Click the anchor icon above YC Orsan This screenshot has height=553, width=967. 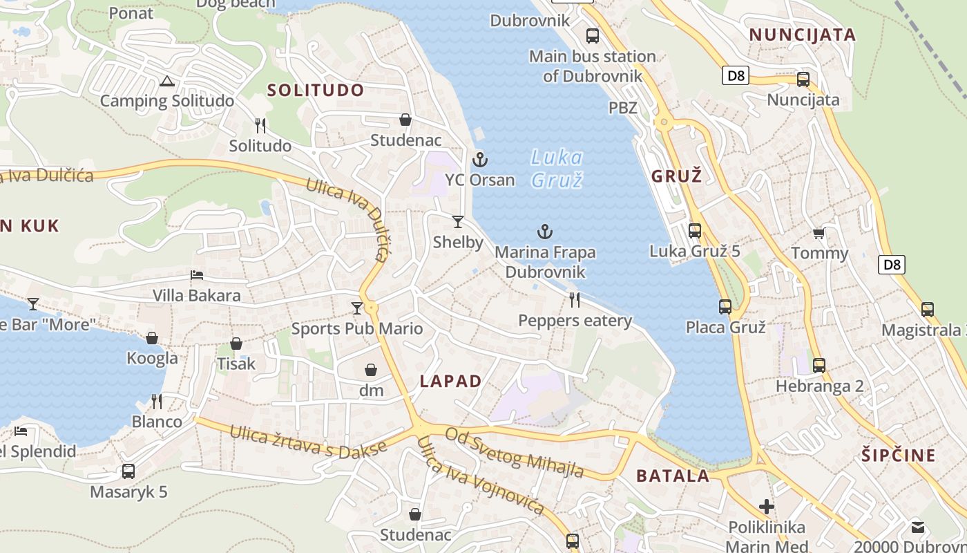(480, 160)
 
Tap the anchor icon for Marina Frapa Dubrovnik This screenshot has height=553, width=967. (546, 232)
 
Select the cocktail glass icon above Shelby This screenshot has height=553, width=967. (458, 222)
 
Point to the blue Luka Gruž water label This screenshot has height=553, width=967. (557, 169)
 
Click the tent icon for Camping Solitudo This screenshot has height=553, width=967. (166, 82)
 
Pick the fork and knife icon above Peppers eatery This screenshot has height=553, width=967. (574, 300)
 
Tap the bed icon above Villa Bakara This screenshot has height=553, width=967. (197, 275)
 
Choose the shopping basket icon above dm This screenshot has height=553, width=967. (371, 371)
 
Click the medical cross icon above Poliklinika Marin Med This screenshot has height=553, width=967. (767, 507)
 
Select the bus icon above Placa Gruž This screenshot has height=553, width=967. (725, 307)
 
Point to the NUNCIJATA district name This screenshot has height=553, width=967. (803, 35)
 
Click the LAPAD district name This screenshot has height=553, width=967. (451, 381)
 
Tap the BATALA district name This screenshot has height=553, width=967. (673, 476)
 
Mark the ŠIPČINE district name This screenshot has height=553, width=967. (899, 456)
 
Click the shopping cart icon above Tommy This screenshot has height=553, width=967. (819, 234)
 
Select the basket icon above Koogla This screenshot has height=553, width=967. (152, 338)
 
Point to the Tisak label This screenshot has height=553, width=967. (236, 364)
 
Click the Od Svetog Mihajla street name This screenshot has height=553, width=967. (515, 453)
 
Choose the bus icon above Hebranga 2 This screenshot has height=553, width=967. (819, 366)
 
